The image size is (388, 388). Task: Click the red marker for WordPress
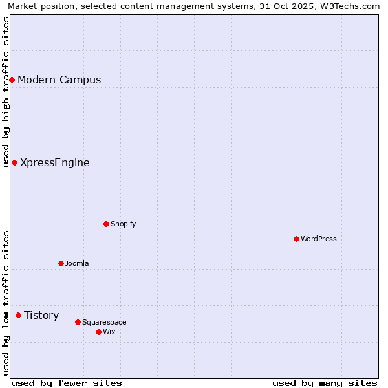(296, 239)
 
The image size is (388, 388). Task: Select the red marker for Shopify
(106, 224)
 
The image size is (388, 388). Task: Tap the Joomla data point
(61, 263)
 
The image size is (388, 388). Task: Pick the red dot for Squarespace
(78, 322)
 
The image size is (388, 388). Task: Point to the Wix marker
(98, 332)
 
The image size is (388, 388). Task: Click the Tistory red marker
(18, 315)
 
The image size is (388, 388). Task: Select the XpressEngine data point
(14, 162)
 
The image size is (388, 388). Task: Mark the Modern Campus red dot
(12, 80)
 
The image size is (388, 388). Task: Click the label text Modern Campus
(59, 80)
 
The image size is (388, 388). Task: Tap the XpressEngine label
(55, 163)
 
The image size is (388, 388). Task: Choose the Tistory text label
(41, 316)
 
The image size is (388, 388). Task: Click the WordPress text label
(319, 239)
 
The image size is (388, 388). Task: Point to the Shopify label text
(123, 224)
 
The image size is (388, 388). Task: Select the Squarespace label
(104, 322)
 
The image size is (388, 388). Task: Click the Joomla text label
(77, 263)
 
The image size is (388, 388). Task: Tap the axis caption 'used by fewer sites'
(67, 383)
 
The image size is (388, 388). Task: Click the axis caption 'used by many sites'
(325, 383)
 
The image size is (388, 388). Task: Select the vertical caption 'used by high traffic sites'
(6, 92)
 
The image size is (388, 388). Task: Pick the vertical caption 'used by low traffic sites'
(6, 303)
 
